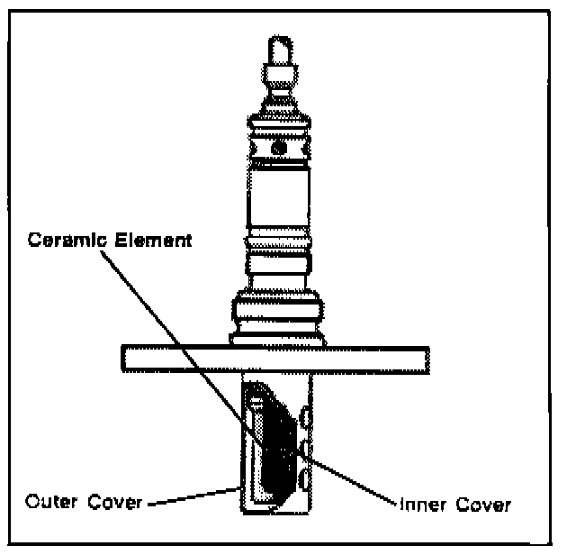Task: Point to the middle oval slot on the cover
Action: point(307,446)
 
